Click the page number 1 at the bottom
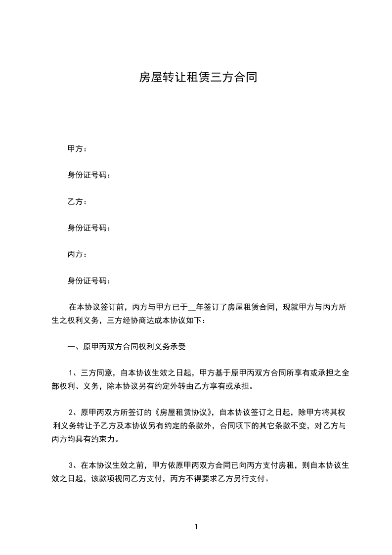[196, 527]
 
